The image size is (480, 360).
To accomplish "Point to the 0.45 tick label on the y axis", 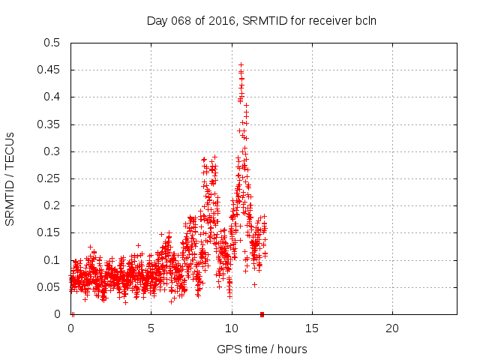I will click(50, 70).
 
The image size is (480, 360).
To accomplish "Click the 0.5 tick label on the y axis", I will click(53, 43).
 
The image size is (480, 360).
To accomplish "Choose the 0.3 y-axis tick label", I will click(53, 151).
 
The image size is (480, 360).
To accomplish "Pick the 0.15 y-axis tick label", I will click(50, 232).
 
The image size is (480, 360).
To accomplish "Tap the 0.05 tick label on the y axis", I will click(50, 287).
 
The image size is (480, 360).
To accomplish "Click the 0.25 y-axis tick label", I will click(50, 178).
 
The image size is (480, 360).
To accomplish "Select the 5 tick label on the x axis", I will click(151, 328).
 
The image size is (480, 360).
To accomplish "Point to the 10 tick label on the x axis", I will click(232, 328).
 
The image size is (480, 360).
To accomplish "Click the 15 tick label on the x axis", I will click(312, 328).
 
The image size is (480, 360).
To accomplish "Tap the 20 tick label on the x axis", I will click(392, 328).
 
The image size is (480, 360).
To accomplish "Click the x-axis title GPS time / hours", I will click(262, 349).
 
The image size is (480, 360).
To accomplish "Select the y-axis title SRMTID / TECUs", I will click(10, 178).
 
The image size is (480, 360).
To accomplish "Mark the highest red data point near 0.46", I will click(241, 64).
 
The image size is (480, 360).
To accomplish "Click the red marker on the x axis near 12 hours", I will click(262, 314).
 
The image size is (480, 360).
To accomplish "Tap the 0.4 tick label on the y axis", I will click(53, 97).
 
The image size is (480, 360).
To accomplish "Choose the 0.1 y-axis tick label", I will click(53, 260).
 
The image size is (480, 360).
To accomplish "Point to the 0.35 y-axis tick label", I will click(50, 124).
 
